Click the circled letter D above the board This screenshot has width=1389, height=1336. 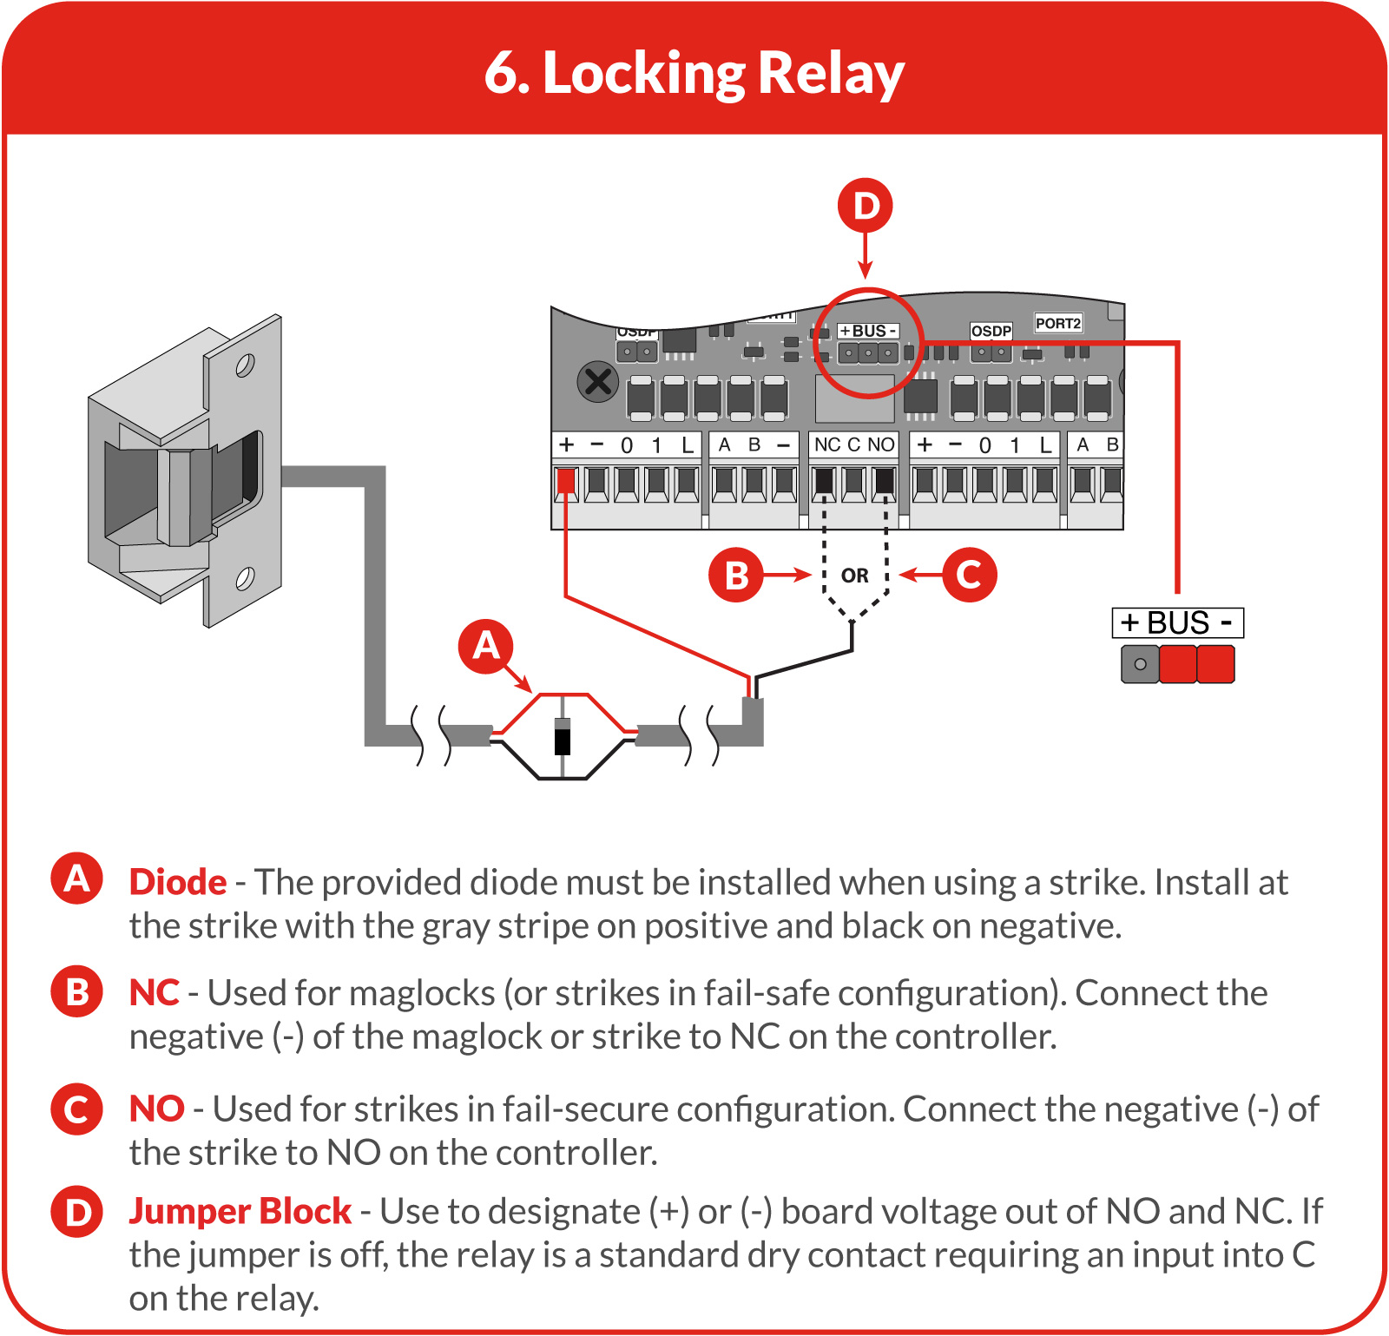click(866, 206)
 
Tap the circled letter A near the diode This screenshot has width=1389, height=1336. click(486, 646)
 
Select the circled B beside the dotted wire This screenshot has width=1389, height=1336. click(736, 575)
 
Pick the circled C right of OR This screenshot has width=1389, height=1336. click(969, 575)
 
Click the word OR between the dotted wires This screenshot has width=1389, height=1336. click(854, 576)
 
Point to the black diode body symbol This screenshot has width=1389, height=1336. click(563, 741)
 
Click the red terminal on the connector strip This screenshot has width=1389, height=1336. click(566, 483)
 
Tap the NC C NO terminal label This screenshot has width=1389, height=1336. click(854, 444)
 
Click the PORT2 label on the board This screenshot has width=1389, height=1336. click(1058, 323)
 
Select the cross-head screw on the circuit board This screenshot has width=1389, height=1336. click(598, 381)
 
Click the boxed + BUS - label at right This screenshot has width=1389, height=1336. click(1178, 623)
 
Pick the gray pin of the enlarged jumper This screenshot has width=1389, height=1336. click(1140, 664)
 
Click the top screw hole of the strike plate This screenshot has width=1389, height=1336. click(245, 365)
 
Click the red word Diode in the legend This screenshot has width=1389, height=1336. click(178, 882)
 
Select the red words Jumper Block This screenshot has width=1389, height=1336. click(240, 1212)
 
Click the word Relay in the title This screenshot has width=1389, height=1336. click(831, 74)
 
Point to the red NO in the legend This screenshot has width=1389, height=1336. click(157, 1109)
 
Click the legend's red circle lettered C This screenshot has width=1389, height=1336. click(77, 1109)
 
